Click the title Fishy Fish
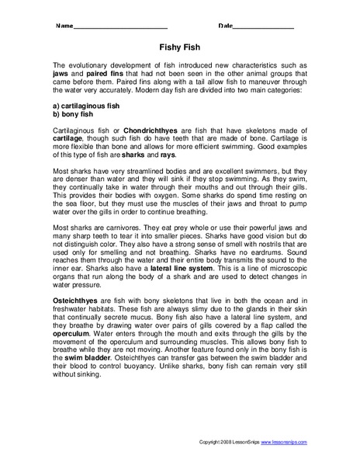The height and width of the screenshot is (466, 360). coord(180,46)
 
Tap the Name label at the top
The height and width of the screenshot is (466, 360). coord(64,26)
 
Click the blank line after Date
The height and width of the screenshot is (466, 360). coord(263,26)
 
